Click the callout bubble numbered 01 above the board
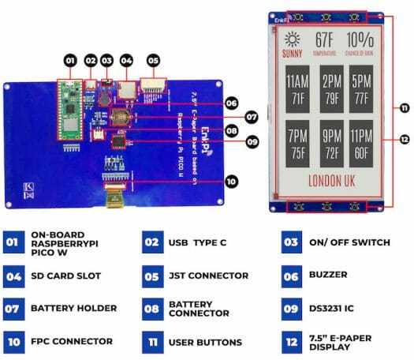pyautogui.click(x=69, y=59)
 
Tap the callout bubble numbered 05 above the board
pyautogui.click(x=153, y=59)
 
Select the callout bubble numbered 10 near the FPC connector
pyautogui.click(x=231, y=181)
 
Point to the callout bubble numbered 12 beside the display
pyautogui.click(x=404, y=139)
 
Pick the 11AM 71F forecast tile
pyautogui.click(x=297, y=89)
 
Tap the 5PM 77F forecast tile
pyautogui.click(x=362, y=89)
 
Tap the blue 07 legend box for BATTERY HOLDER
pyautogui.click(x=13, y=307)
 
